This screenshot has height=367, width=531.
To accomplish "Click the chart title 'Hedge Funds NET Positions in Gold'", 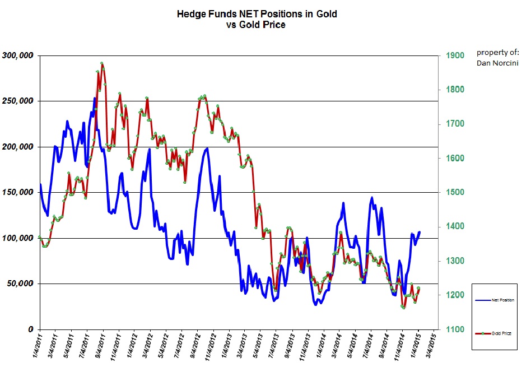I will coord(257,14).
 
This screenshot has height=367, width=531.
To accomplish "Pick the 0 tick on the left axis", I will coord(31,329).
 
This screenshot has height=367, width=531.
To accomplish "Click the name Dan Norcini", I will coord(497,63).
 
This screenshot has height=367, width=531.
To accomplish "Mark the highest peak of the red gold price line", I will coord(101,63).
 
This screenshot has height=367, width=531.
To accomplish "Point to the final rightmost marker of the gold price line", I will coord(418,288).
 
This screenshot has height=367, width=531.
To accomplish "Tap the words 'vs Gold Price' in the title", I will coord(257,25).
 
